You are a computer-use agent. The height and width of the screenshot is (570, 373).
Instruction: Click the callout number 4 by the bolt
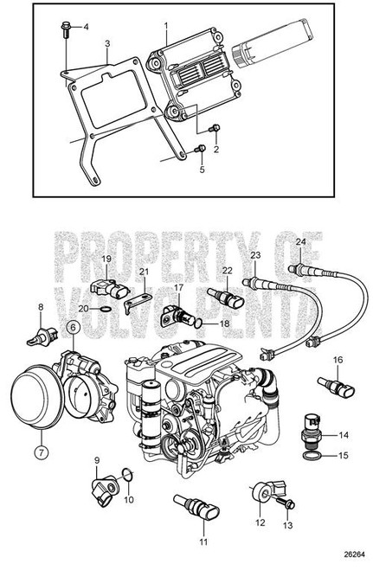tap(86, 28)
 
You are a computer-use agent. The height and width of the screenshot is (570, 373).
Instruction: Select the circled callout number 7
tap(39, 450)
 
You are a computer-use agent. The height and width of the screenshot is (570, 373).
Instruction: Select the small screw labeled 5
tap(200, 150)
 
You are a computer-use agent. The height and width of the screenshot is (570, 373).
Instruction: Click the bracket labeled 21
tap(132, 302)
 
